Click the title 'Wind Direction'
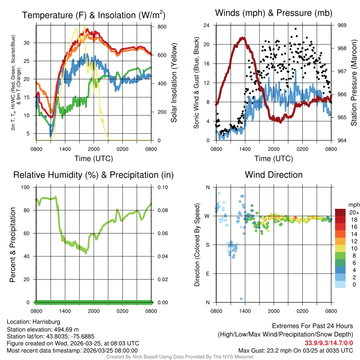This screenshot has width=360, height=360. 274,175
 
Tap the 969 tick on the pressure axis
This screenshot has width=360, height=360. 342,25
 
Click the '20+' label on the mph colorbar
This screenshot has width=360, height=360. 354,213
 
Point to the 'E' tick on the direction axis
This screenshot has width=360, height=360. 207,274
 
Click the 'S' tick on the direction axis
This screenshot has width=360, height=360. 207,245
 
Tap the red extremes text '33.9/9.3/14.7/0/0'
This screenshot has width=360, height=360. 329,343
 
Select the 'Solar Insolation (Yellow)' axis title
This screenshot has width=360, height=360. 174,83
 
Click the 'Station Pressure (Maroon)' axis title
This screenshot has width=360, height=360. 354,83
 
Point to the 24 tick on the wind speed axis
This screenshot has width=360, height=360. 207,25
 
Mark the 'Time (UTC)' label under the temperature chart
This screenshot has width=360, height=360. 94,159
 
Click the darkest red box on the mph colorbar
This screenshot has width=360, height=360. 340,212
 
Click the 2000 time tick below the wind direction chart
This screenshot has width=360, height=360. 274,311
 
